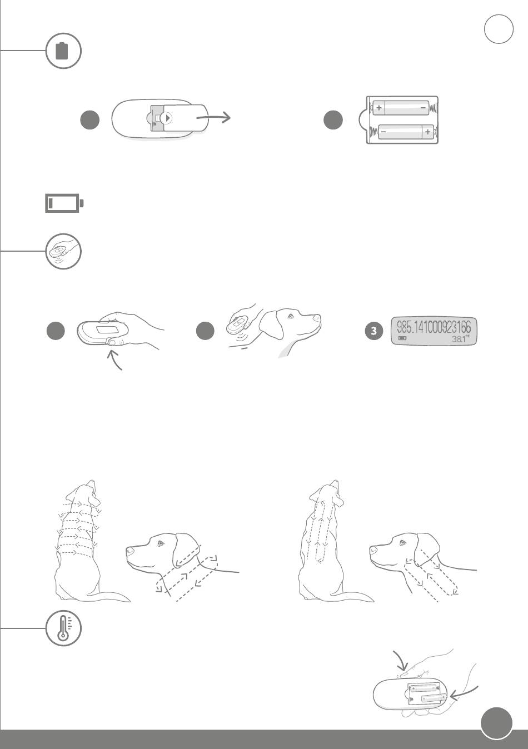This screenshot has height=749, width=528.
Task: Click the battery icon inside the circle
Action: [x=62, y=51]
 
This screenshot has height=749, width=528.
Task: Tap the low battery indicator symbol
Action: [x=64, y=203]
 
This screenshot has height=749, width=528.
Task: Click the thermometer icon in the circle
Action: [x=63, y=628]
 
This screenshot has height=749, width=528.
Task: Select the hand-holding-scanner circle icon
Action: [x=63, y=252]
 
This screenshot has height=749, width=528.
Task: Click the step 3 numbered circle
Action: [x=374, y=331]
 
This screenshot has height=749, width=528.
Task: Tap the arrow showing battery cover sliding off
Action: [x=213, y=117]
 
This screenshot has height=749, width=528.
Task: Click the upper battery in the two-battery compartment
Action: [x=401, y=108]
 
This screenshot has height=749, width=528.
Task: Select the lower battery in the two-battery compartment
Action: [x=406, y=132]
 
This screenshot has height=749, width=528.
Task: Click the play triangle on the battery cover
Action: [x=168, y=118]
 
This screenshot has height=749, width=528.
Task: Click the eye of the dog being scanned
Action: [x=291, y=316]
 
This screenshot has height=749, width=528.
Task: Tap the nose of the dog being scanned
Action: [x=317, y=317]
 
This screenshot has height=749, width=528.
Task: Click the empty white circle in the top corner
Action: [x=499, y=29]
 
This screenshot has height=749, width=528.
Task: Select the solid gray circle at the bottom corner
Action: [x=496, y=722]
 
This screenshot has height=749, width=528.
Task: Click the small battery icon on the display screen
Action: [x=402, y=338]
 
